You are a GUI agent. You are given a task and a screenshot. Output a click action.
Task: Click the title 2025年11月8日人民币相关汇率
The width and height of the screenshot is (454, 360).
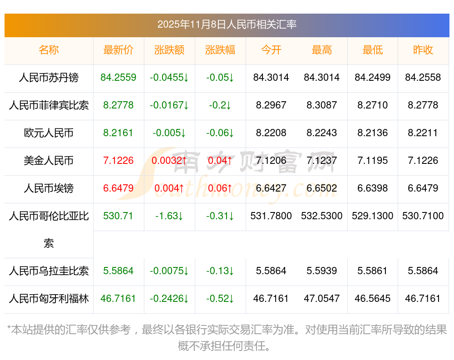click(x=227, y=25)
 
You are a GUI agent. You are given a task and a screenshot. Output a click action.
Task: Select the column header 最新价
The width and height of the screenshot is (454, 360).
click(x=118, y=50)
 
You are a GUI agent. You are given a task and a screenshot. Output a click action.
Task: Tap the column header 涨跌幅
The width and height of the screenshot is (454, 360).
click(x=220, y=50)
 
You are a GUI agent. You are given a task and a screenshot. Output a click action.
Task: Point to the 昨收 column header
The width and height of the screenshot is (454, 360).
click(x=423, y=50)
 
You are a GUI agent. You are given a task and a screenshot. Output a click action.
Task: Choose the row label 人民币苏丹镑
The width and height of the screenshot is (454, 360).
click(x=49, y=78)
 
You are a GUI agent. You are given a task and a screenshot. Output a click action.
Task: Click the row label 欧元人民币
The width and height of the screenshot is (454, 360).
click(x=49, y=133)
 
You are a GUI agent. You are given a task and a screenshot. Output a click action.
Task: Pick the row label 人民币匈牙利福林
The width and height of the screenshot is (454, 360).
click(x=49, y=299)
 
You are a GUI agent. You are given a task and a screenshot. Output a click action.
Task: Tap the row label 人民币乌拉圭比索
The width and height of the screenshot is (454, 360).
click(x=49, y=271)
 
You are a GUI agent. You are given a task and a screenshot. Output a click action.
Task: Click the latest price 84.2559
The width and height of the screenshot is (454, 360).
click(x=118, y=78)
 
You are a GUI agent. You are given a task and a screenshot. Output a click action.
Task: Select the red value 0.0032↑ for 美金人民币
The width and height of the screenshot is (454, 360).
click(x=169, y=161)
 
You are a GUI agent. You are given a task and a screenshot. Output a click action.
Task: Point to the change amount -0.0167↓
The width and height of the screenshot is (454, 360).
click(x=169, y=105)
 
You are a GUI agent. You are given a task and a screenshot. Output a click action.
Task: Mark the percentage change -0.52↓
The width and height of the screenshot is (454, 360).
click(x=220, y=299)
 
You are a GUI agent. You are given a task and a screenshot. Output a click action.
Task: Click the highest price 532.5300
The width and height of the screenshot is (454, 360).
click(x=322, y=216)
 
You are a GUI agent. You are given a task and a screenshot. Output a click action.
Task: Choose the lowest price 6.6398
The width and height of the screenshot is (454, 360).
click(x=373, y=188)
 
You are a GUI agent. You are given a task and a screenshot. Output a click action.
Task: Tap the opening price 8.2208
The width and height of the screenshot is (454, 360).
click(x=271, y=133)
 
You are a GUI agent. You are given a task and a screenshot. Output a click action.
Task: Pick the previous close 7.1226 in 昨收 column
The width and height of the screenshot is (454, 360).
click(x=423, y=161)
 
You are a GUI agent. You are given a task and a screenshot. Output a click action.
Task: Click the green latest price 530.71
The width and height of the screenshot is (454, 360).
click(x=118, y=216)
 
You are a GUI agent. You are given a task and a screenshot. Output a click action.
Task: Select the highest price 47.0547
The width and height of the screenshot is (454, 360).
click(x=322, y=299)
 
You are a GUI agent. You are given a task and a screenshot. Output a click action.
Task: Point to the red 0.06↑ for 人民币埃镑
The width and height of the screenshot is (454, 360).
click(x=220, y=188)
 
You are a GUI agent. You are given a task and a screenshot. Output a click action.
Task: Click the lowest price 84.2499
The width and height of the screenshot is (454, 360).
click(x=373, y=78)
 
